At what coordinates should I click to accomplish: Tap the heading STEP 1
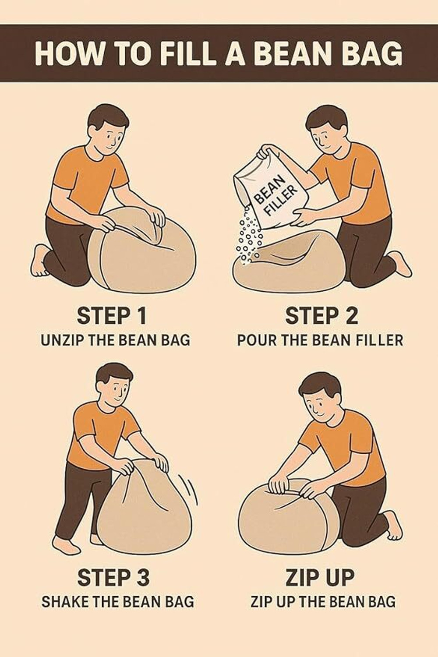pyautogui.click(x=112, y=316)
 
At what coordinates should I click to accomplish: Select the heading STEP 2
pyautogui.click(x=321, y=316)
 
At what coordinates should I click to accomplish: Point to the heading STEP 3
pyautogui.click(x=113, y=577)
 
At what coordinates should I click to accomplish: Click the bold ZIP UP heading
pyautogui.click(x=320, y=577)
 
